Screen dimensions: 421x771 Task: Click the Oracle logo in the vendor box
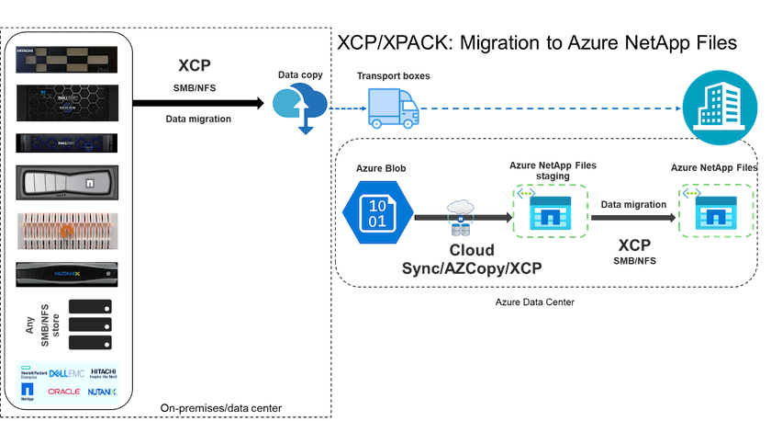coord(63,391)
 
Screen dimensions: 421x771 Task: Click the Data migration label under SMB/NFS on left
coord(199,119)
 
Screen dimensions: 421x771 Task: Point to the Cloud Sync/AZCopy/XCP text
coord(471,258)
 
